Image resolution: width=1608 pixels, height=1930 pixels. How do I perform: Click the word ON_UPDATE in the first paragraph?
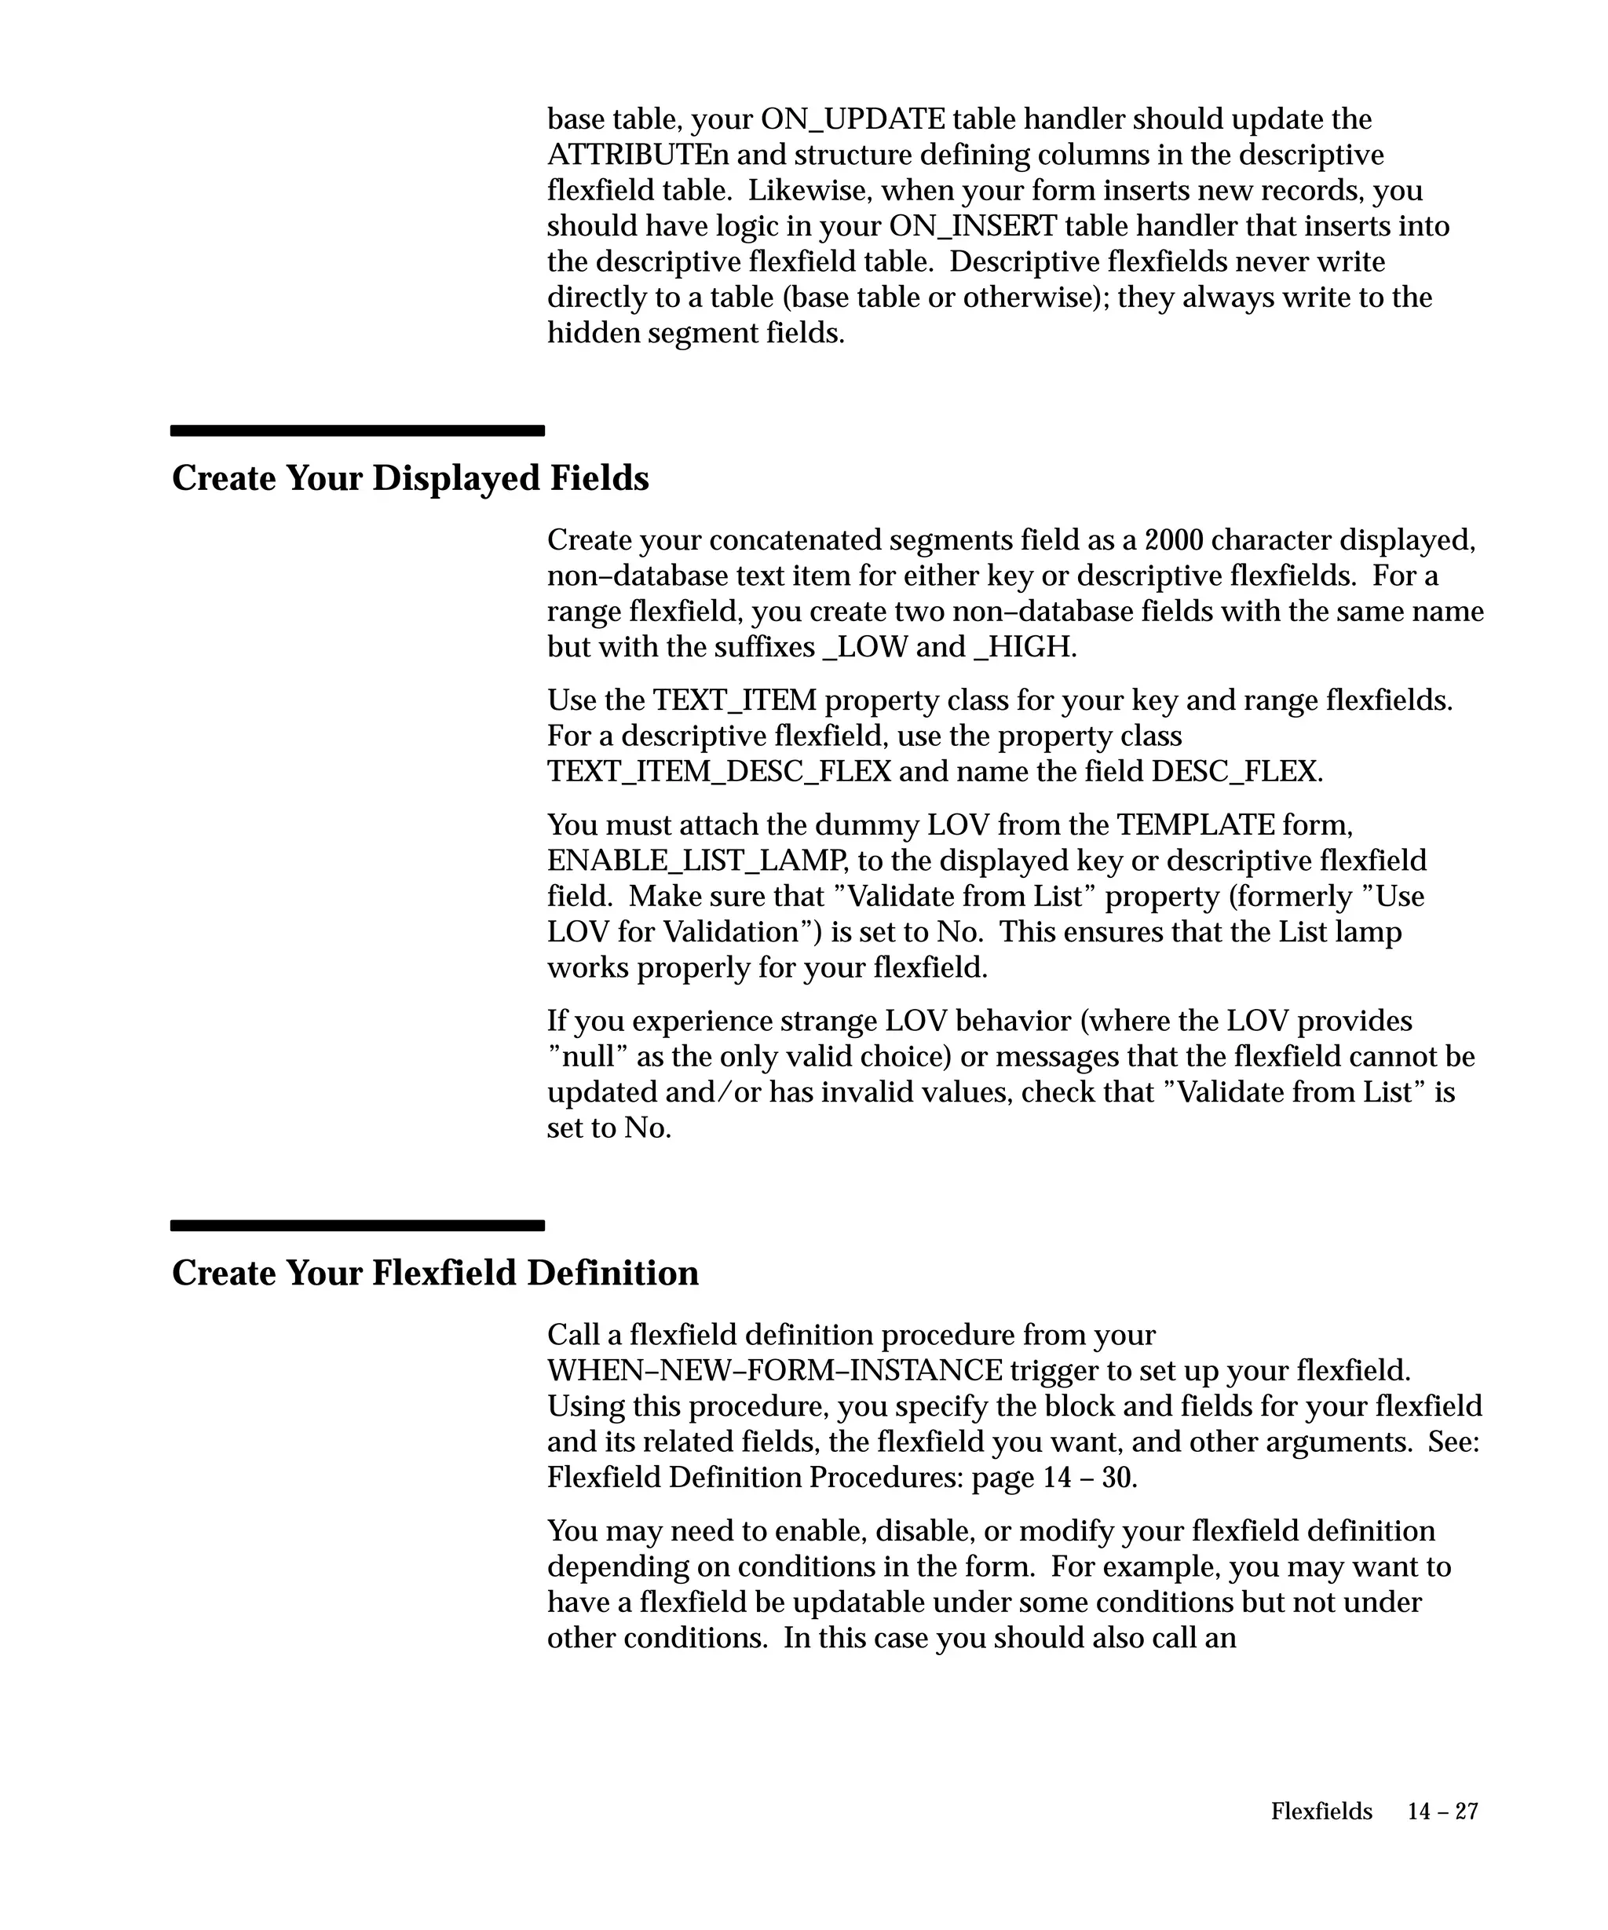tap(853, 119)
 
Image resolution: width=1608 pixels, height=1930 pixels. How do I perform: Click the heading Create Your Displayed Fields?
tap(410, 479)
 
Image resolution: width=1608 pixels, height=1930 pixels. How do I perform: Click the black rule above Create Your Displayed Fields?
tap(357, 430)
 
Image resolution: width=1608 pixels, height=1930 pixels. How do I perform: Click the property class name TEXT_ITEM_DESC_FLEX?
tap(718, 771)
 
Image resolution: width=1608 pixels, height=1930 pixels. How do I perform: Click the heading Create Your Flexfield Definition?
tap(435, 1274)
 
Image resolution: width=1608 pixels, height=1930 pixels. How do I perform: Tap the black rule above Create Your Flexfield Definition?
tap(357, 1225)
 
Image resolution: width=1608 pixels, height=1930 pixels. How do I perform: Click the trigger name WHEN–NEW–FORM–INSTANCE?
tap(773, 1371)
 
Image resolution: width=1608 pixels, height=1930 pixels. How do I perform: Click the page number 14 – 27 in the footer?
tap(1442, 1811)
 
